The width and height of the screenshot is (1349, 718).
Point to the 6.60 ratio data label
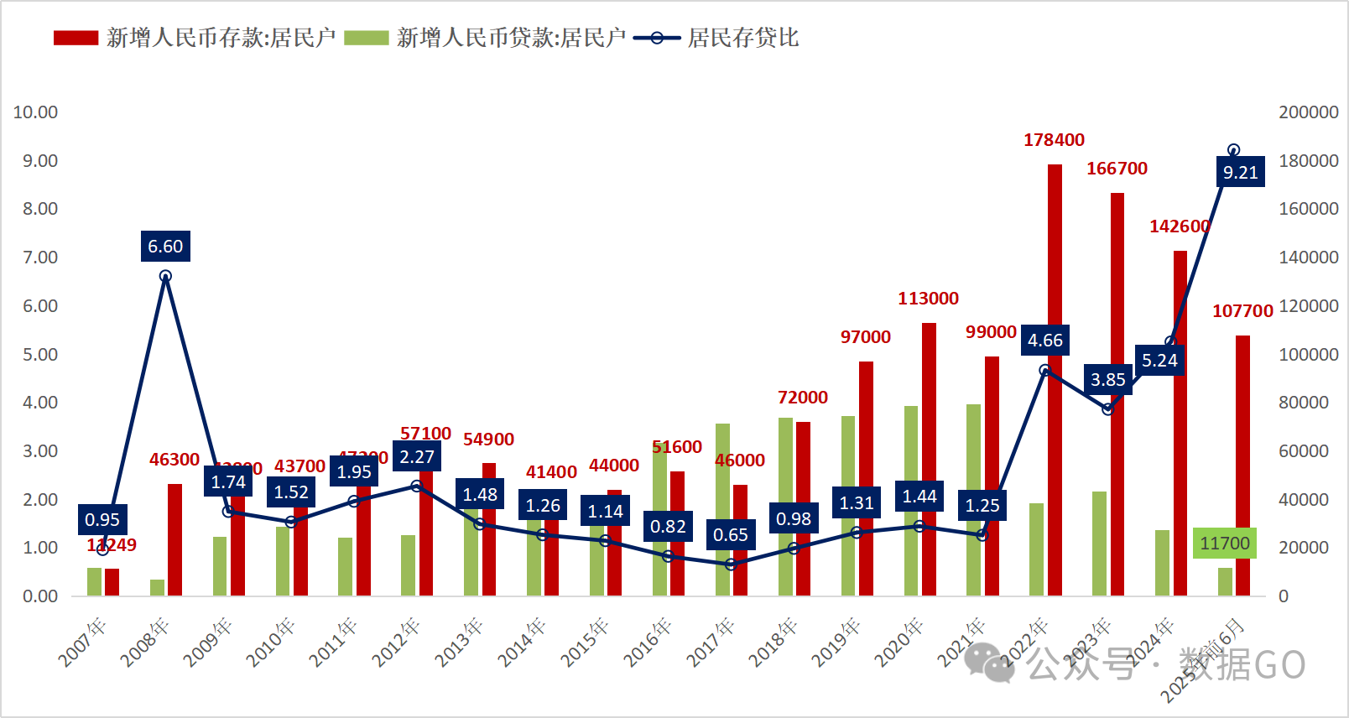click(x=165, y=247)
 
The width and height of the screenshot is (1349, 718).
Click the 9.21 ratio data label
click(x=1241, y=173)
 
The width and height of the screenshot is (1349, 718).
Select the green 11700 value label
click(x=1225, y=544)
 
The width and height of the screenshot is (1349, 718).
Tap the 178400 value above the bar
click(x=1054, y=140)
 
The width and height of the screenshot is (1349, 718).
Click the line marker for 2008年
click(x=165, y=276)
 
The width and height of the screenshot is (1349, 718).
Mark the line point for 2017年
click(x=731, y=565)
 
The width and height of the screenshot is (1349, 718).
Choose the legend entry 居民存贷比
click(x=742, y=38)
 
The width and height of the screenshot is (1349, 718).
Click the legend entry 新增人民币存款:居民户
click(x=220, y=38)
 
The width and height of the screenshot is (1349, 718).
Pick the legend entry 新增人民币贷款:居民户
click(x=511, y=38)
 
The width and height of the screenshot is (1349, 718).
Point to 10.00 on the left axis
click(x=35, y=112)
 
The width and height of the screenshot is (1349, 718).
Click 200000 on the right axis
click(x=1308, y=112)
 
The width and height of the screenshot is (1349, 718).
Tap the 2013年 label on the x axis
click(x=459, y=643)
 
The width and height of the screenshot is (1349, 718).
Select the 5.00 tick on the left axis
click(x=39, y=355)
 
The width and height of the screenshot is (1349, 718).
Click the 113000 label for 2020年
click(x=928, y=299)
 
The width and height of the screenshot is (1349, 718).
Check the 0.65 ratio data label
click(x=731, y=535)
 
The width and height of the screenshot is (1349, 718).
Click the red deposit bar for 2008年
click(x=174, y=540)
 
